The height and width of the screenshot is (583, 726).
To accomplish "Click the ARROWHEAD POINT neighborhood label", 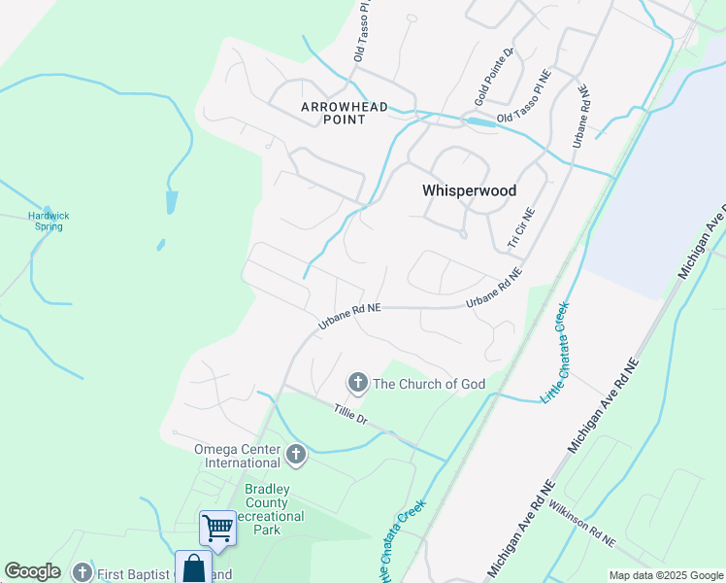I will tap(345, 113).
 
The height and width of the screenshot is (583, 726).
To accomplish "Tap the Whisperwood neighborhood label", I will tap(469, 191).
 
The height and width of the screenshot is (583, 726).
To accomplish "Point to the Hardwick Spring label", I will tap(46, 221).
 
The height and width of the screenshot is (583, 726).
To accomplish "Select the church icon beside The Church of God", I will tap(358, 384).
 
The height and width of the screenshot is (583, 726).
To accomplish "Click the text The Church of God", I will tap(429, 384).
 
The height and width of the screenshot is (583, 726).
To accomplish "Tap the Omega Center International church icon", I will tap(296, 454).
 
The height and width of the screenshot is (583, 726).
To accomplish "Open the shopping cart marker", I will tap(218, 529).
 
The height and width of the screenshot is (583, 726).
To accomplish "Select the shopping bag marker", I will tap(194, 567).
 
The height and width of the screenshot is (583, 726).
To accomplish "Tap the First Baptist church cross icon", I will tap(82, 573).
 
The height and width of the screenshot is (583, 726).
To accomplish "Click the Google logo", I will tap(32, 571).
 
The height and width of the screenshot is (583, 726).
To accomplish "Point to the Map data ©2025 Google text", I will tap(664, 575).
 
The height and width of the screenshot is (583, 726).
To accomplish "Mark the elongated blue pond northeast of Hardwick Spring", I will tap(172, 202).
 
